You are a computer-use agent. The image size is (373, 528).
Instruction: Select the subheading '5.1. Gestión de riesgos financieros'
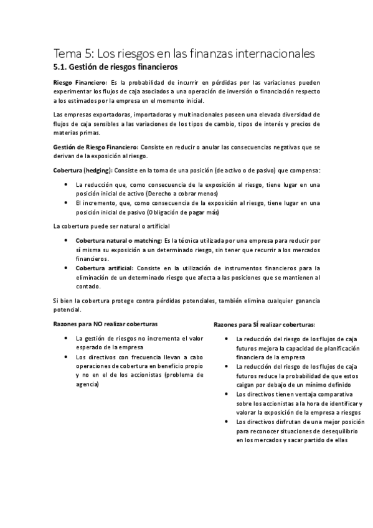115,65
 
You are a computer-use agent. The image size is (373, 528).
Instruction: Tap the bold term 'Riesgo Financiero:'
80,82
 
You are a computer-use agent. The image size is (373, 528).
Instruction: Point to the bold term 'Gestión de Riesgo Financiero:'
95,146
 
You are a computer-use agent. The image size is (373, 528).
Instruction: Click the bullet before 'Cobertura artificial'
67,268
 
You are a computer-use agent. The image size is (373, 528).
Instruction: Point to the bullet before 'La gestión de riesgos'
67,338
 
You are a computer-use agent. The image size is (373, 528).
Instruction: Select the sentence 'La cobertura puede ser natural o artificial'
111,225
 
